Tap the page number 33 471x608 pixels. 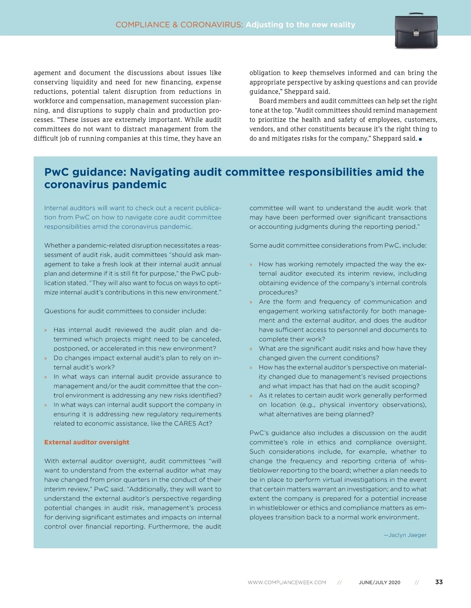(439, 582)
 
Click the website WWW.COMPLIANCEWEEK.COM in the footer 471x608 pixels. (287, 582)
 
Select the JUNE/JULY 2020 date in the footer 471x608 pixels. (379, 582)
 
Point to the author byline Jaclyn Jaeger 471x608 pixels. (407, 535)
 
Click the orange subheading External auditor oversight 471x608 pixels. (87, 442)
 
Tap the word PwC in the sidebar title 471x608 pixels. (57, 172)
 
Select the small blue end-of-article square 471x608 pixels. (420, 139)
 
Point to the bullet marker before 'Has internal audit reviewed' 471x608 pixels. (46, 330)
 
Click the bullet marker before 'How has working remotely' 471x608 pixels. (251, 265)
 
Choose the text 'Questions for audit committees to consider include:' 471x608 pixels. (125, 311)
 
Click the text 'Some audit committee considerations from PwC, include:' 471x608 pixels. (338, 245)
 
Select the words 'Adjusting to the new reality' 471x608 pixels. (300, 25)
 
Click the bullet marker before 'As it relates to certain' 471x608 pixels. (251, 396)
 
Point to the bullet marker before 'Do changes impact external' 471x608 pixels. (46, 359)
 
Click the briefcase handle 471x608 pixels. (416, 15)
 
